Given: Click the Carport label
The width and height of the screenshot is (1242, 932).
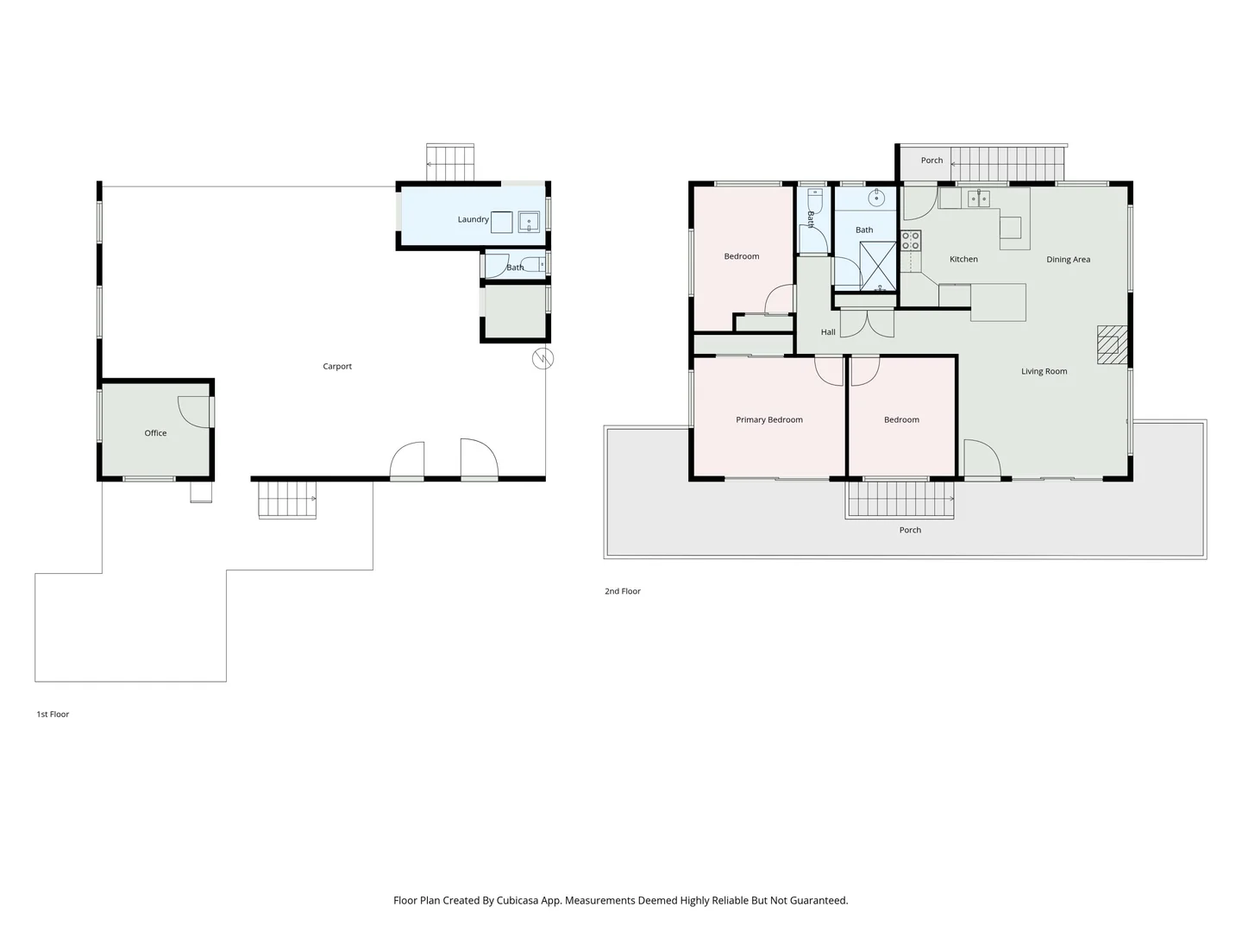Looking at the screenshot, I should click(x=337, y=367).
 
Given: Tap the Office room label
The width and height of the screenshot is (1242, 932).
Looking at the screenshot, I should click(x=155, y=433).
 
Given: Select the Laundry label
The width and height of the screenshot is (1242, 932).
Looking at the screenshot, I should click(x=473, y=219).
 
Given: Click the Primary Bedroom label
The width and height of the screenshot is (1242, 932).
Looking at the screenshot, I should click(x=768, y=420).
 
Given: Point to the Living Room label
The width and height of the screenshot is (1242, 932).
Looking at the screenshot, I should click(x=1044, y=372).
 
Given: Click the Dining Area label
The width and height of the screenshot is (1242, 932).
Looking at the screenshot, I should click(x=1068, y=260).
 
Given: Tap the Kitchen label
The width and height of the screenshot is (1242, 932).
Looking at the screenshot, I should click(x=963, y=260).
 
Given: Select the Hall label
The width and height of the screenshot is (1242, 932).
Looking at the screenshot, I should click(x=828, y=332).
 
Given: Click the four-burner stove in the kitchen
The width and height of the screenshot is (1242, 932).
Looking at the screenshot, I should click(x=911, y=241).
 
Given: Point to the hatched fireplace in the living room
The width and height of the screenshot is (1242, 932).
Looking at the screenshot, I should click(x=1111, y=344).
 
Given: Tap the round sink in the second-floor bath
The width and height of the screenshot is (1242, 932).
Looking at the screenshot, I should click(x=876, y=198).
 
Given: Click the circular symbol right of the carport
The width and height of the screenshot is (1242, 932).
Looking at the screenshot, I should click(x=543, y=358).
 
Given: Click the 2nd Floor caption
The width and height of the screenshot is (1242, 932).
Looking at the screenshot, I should click(x=622, y=592).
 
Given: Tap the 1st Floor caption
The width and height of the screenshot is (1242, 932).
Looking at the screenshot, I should click(x=53, y=715).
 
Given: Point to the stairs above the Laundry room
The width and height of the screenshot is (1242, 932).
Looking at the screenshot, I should click(x=450, y=162).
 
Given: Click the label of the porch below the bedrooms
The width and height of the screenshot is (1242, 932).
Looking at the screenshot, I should click(x=910, y=531).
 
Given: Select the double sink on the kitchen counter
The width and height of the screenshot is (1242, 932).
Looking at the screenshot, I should click(x=978, y=199).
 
